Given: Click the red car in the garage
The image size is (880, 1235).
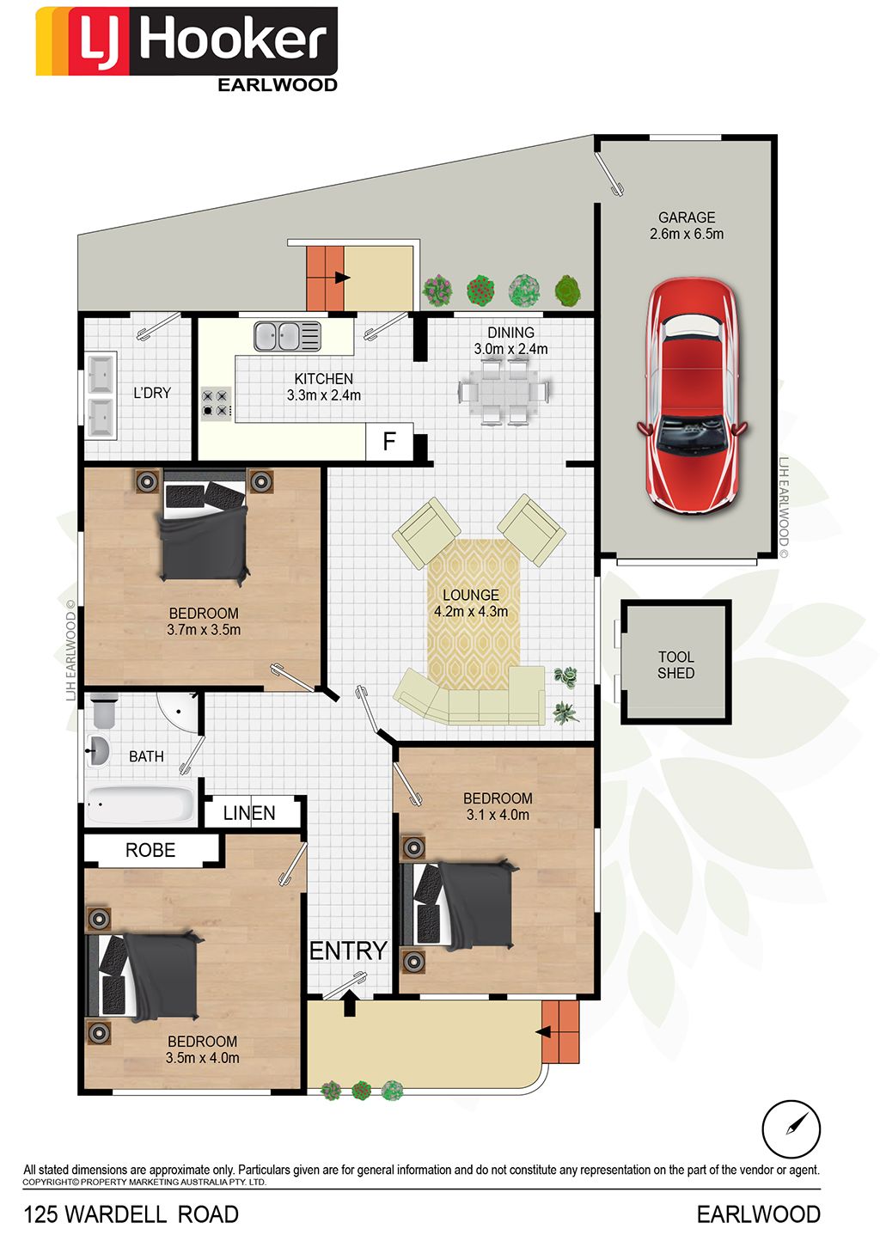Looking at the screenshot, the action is click(x=692, y=396).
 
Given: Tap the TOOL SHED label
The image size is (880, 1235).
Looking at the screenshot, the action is click(x=676, y=664).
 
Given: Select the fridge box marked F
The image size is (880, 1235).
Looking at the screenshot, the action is click(x=389, y=441).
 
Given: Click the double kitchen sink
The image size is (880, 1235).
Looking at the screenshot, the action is click(x=287, y=336).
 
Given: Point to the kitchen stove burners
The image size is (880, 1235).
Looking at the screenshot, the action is click(x=216, y=403).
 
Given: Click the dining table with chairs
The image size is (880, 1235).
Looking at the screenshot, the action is click(x=504, y=392).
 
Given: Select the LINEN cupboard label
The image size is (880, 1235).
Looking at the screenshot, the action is click(x=249, y=813).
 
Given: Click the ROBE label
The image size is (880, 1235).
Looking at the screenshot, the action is click(x=150, y=850).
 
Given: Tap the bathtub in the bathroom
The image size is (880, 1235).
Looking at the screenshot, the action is click(x=141, y=804).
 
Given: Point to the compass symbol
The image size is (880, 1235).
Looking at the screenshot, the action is click(x=791, y=1128).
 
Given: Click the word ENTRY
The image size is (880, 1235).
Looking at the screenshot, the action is click(x=348, y=951).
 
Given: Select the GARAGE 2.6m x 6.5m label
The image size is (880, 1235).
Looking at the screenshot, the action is click(x=687, y=225).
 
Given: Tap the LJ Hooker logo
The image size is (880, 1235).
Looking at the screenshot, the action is click(x=187, y=49).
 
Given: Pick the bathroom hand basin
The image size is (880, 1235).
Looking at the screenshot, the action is click(x=98, y=751).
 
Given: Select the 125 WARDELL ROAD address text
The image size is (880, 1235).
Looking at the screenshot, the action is click(x=131, y=1214).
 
